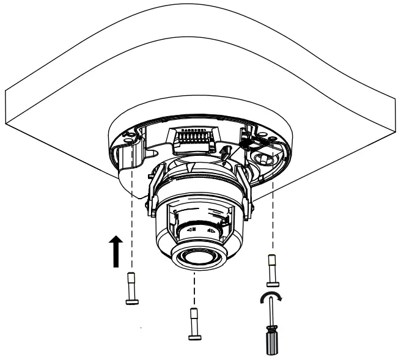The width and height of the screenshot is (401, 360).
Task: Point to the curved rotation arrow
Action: click(x=271, y=298)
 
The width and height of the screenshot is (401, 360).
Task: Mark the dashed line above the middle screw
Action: click(x=194, y=290)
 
